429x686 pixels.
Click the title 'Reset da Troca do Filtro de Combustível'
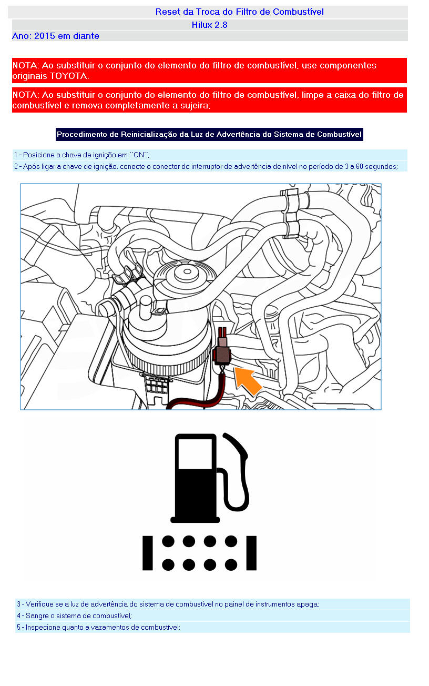[x=239, y=12]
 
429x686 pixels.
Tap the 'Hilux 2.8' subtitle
[x=210, y=25]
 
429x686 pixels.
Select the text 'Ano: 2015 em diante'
[x=55, y=36]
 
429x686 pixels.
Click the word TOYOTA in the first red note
[x=68, y=76]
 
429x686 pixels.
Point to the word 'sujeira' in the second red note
[x=195, y=105]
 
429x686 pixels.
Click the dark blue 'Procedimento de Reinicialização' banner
[x=209, y=134]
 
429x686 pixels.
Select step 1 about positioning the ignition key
[x=81, y=155]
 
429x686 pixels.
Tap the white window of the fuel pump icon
[x=195, y=454]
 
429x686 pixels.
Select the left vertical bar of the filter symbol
[x=148, y=553]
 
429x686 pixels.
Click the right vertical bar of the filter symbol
[x=251, y=553]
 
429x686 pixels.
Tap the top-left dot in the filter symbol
[x=168, y=541]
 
